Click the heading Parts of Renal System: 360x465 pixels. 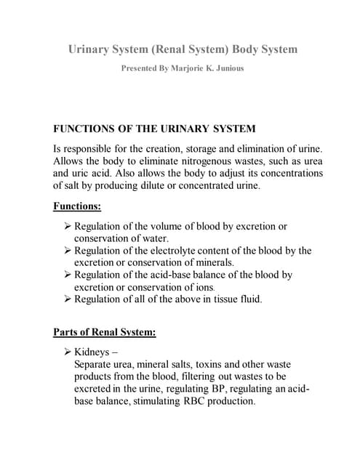pyautogui.click(x=105, y=333)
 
